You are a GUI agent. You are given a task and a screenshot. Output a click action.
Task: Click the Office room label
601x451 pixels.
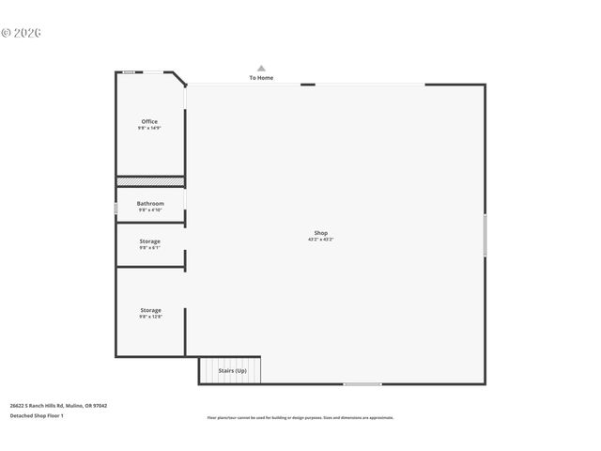click(x=149, y=121)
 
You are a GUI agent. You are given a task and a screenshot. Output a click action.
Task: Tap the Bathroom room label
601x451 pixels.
click(x=150, y=203)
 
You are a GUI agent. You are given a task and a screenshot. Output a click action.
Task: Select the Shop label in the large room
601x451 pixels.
click(x=321, y=233)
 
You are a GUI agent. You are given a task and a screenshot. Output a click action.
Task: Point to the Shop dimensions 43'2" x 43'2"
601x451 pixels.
click(x=321, y=240)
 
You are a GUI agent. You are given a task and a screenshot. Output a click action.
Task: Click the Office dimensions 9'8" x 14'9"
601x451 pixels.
click(x=149, y=128)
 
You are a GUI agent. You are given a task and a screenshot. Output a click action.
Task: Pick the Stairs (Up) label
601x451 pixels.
click(x=232, y=371)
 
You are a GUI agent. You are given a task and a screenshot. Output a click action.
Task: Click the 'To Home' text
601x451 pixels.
click(x=261, y=78)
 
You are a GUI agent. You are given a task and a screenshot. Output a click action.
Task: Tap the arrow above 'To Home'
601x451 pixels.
click(x=261, y=68)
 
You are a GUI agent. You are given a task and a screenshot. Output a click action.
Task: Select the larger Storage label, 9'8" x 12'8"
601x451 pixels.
click(x=150, y=310)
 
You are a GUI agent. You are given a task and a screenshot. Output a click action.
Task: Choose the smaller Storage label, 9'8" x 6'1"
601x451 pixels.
click(x=150, y=241)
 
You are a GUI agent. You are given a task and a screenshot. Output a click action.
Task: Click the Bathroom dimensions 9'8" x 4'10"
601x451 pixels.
click(x=150, y=210)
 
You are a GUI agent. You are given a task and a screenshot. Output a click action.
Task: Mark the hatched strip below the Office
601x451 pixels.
click(x=150, y=181)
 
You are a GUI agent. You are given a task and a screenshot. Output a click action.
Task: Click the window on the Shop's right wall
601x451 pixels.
click(x=485, y=235)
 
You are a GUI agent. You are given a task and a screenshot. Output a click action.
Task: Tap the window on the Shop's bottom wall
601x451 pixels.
click(x=362, y=383)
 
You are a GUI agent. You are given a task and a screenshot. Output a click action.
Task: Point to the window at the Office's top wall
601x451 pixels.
click(x=129, y=72)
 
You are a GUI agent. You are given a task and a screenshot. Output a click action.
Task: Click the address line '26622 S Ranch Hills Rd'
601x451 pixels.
click(x=58, y=406)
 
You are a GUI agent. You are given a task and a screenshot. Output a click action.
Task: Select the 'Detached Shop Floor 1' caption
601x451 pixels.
click(x=37, y=415)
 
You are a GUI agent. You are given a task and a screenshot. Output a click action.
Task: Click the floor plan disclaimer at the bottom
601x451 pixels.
click(x=300, y=417)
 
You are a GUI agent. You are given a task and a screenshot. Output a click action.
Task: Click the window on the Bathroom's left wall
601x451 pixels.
click(x=116, y=208)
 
